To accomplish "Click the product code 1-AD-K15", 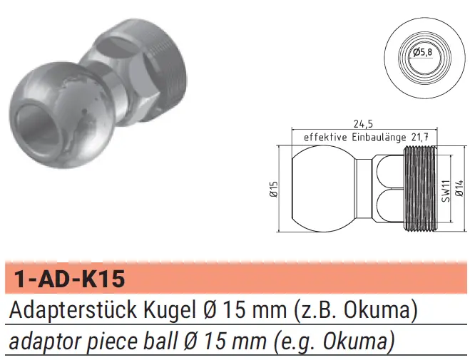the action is coord(70,279).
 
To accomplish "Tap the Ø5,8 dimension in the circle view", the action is coord(423,53).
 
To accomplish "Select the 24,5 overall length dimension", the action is coord(363,124).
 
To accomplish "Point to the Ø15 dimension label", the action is coord(274,190).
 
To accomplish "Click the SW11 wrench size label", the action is coord(446,191).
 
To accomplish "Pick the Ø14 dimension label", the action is coord(459,188).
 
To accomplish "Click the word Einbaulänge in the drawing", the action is coord(379,137).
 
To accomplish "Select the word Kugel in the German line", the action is coord(168,310).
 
